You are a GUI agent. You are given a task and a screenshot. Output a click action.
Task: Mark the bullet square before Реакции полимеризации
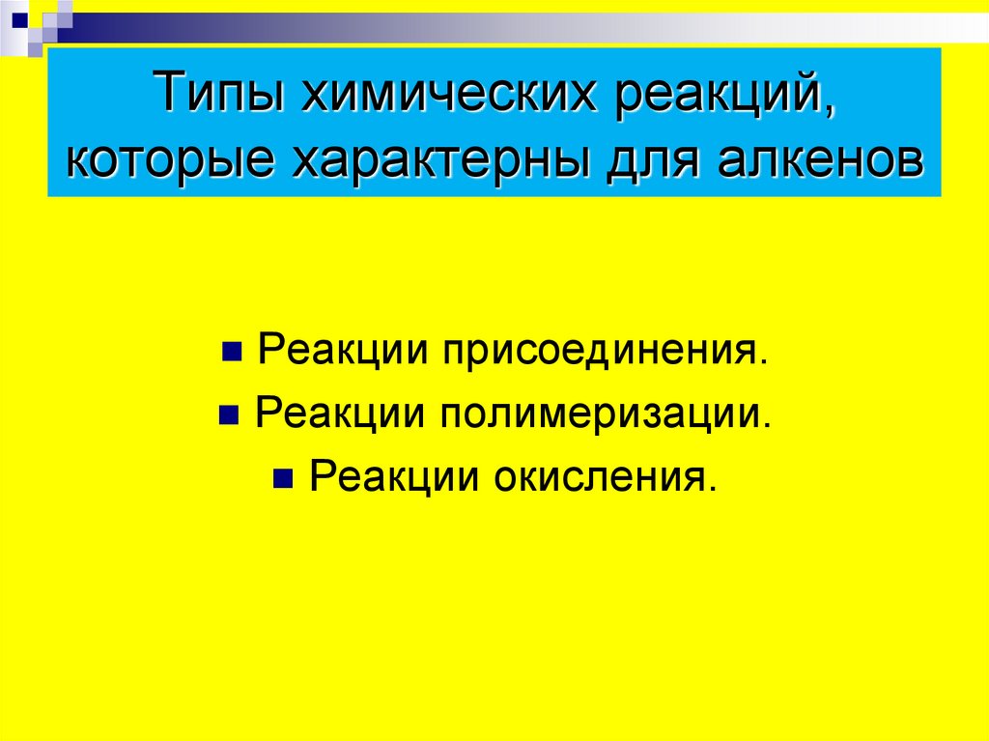[228, 414]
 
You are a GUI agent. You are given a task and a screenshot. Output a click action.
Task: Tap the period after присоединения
[764, 362]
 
